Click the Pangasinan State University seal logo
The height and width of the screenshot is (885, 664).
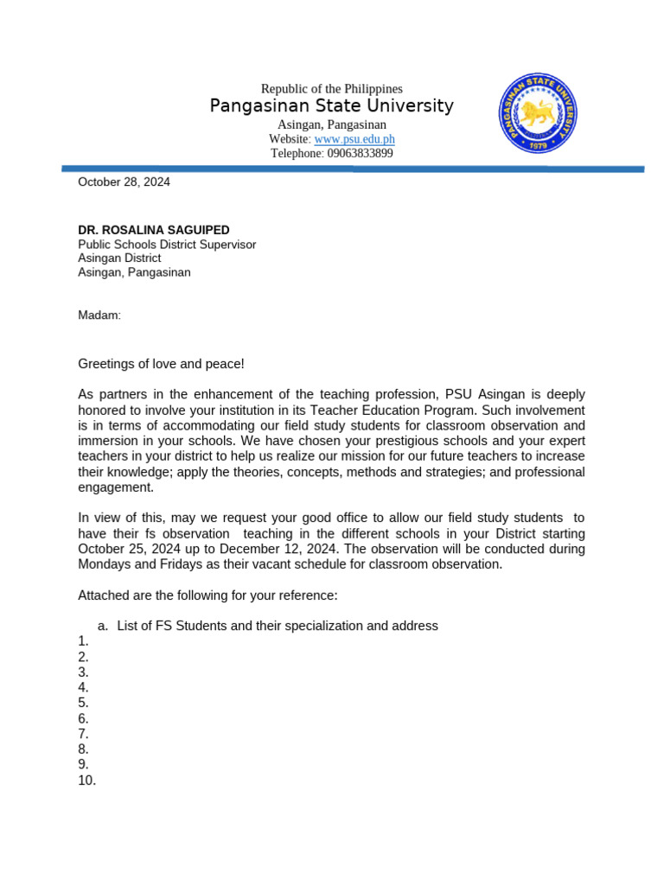click(538, 113)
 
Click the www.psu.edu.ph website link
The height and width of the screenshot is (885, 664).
click(354, 139)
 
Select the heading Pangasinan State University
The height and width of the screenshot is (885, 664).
click(331, 106)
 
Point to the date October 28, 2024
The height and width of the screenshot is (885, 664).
click(124, 182)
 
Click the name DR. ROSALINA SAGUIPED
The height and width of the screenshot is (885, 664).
click(154, 231)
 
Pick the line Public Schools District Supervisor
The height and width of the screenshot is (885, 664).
click(167, 245)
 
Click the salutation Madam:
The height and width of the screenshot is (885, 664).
click(99, 315)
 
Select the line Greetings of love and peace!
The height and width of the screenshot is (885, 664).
click(162, 365)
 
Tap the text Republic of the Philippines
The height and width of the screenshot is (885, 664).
click(331, 89)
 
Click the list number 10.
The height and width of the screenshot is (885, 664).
click(86, 781)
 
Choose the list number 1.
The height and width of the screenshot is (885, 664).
click(83, 641)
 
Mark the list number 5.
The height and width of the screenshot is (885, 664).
click(83, 704)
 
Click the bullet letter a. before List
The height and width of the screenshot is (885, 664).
click(102, 626)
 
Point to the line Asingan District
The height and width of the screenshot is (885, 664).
click(119, 258)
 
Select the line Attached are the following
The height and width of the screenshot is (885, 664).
click(207, 596)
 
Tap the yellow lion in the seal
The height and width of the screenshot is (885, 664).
click(537, 111)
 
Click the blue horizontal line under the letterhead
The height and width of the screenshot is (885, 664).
click(353, 169)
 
